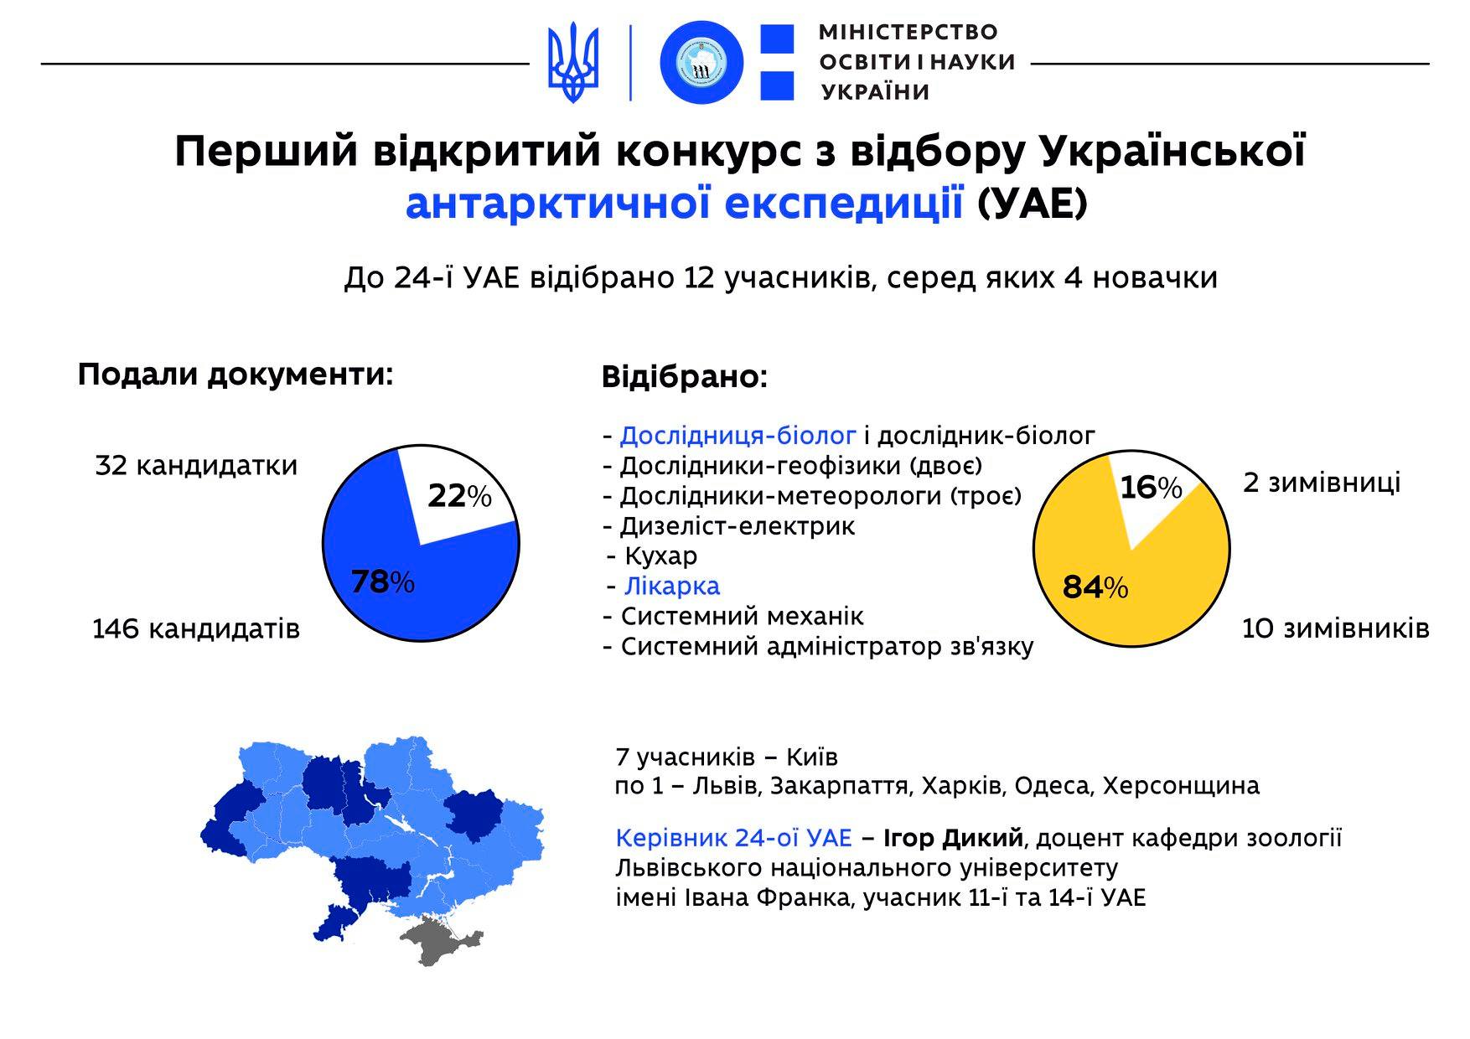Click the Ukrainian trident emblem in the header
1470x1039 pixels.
click(x=574, y=63)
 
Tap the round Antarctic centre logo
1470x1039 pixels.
click(x=702, y=63)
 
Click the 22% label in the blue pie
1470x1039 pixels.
click(x=459, y=496)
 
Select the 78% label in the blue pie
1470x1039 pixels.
click(x=382, y=582)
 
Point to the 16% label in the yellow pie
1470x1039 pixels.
click(x=1151, y=487)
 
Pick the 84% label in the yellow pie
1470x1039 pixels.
click(x=1095, y=587)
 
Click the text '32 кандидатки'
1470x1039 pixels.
click(x=196, y=465)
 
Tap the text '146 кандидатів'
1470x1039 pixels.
click(x=196, y=628)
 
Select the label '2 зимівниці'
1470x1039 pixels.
click(x=1322, y=483)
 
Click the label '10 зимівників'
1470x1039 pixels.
click(x=1335, y=628)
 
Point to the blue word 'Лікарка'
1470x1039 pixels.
click(x=672, y=586)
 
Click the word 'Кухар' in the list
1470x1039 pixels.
click(x=661, y=556)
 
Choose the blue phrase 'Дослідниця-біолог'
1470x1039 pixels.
click(x=738, y=436)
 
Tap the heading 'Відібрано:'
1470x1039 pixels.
click(x=685, y=377)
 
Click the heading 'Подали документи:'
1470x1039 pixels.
click(x=236, y=375)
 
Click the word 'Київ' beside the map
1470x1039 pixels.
click(x=812, y=757)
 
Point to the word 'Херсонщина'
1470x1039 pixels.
click(x=1181, y=786)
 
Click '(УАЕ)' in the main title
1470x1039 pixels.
click(x=1033, y=204)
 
